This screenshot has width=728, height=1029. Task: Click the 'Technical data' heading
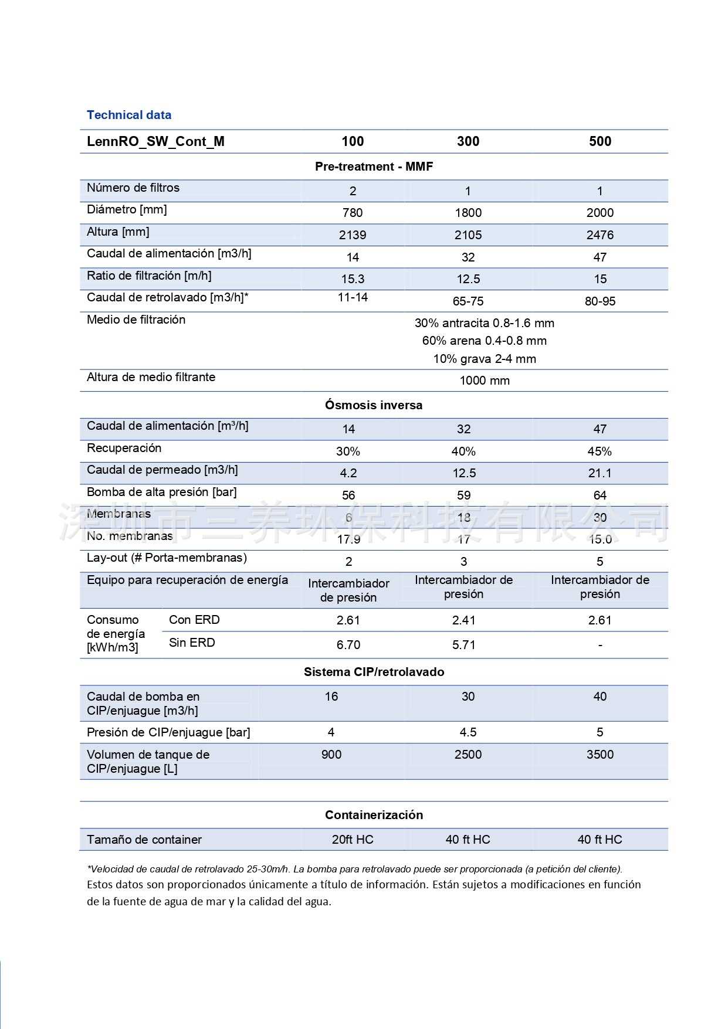[x=129, y=115]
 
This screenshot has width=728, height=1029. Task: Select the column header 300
[x=468, y=141]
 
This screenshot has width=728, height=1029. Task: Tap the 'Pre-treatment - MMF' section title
[x=374, y=167]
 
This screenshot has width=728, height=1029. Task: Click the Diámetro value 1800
[x=468, y=213]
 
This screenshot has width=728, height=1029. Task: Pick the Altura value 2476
[x=600, y=235]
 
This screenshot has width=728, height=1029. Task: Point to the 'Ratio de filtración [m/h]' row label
[x=149, y=276]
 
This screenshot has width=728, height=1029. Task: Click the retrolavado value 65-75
[x=468, y=301]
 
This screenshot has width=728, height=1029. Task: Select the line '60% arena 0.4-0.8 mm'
[x=484, y=341]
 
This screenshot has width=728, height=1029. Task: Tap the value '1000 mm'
[x=484, y=381]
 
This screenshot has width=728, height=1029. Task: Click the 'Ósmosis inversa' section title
[x=374, y=405]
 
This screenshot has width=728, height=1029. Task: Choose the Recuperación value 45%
[x=600, y=451]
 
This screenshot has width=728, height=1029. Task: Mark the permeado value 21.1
[x=600, y=473]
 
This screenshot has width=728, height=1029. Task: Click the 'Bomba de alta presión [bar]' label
[x=161, y=492]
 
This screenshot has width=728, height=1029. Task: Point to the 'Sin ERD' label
[x=192, y=643]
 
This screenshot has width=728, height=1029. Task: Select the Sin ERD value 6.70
[x=348, y=645]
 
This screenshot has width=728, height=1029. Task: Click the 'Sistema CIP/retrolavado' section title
[x=374, y=672]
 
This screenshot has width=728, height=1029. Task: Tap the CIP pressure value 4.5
[x=468, y=732]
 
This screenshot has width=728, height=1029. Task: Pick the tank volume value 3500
[x=600, y=755]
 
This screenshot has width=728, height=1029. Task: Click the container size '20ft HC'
[x=352, y=840]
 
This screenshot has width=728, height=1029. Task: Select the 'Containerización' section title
[x=374, y=815]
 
